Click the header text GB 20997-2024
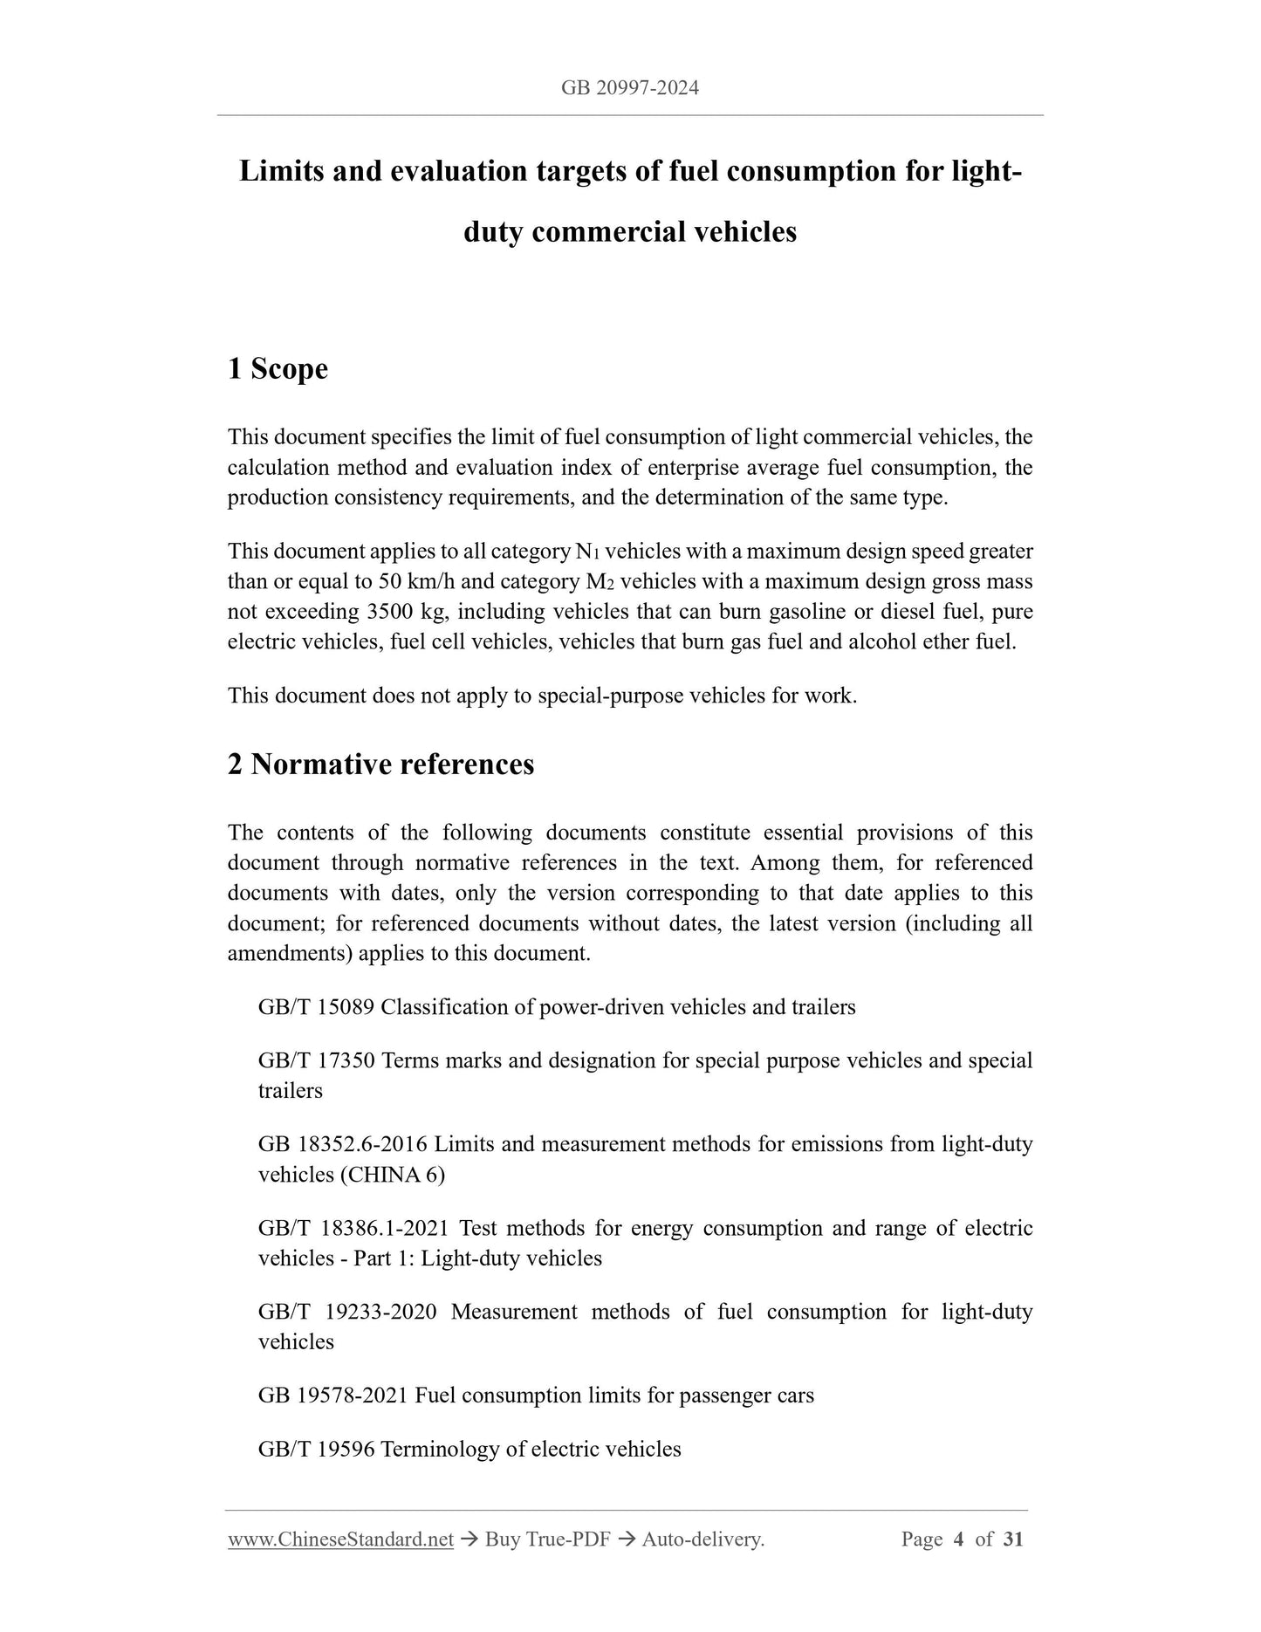tap(630, 88)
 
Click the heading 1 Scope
tap(278, 369)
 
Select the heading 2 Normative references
tap(380, 765)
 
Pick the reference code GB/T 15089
tap(316, 1007)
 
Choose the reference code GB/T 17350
tap(316, 1060)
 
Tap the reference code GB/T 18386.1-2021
tap(353, 1228)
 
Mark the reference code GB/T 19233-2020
tap(347, 1312)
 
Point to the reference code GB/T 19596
tap(316, 1450)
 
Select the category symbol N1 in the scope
tap(587, 552)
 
